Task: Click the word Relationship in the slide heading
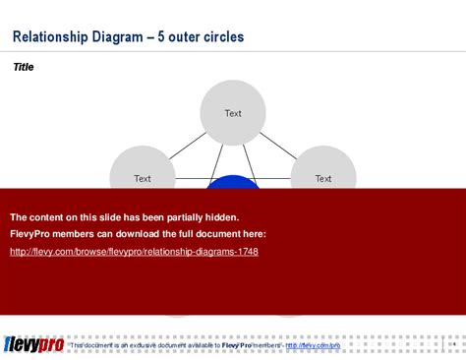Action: coord(49,37)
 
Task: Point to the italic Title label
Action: coord(23,68)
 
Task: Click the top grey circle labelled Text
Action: coord(233,113)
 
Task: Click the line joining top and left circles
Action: coord(185,144)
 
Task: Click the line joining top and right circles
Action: coord(281,144)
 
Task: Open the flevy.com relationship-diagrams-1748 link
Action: coord(134,252)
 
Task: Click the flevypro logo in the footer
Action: coord(33,343)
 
